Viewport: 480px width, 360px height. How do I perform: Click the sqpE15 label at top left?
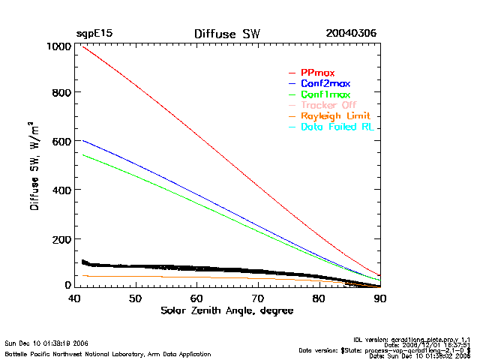pyautogui.click(x=94, y=34)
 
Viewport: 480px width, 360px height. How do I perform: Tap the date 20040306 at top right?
pyautogui.click(x=351, y=34)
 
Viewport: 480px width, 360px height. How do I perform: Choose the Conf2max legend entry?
pyautogui.click(x=325, y=83)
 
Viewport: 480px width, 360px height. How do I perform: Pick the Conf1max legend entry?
pyautogui.click(x=325, y=94)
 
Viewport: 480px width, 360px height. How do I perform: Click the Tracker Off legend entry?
pyautogui.click(x=328, y=106)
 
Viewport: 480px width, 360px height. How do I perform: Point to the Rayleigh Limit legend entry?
pyautogui.click(x=336, y=116)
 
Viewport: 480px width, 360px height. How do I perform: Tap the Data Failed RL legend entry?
pyautogui.click(x=337, y=127)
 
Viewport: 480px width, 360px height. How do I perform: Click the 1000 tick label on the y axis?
pyautogui.click(x=58, y=46)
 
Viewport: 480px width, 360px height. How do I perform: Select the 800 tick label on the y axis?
pyautogui.click(x=61, y=93)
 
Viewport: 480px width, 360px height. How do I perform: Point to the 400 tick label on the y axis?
pyautogui.click(x=61, y=190)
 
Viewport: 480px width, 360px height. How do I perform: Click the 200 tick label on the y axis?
pyautogui.click(x=61, y=238)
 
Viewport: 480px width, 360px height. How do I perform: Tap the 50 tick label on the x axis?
pyautogui.click(x=135, y=298)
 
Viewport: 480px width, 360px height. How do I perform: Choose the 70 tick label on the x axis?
pyautogui.click(x=258, y=298)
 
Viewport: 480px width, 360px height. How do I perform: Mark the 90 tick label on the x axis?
pyautogui.click(x=380, y=298)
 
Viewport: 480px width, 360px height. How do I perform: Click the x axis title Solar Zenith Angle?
pyautogui.click(x=226, y=310)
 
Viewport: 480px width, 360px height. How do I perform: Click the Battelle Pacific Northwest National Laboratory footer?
pyautogui.click(x=107, y=354)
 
